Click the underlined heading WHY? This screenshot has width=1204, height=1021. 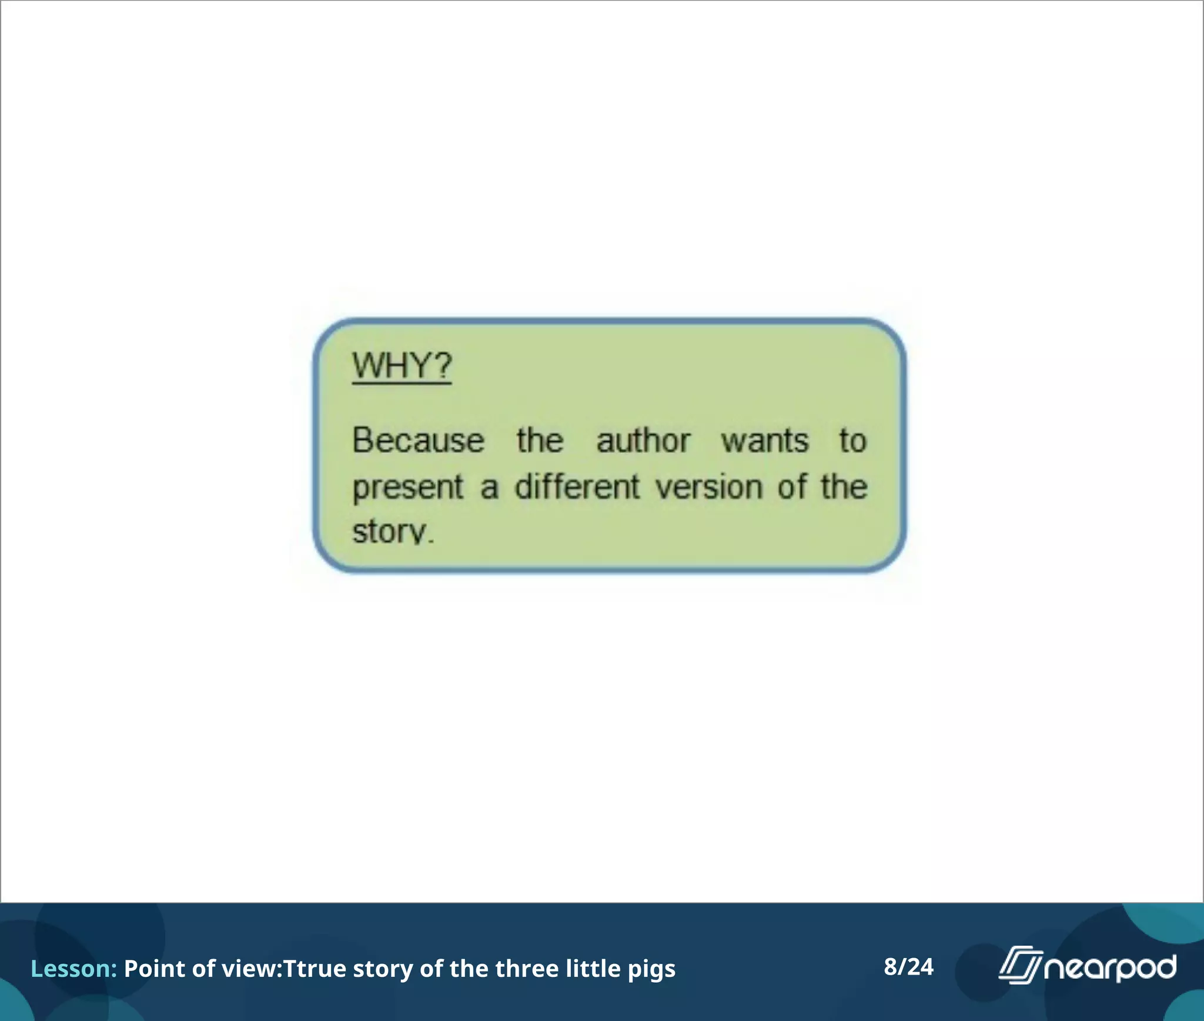tap(402, 366)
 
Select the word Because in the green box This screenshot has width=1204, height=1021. tap(418, 441)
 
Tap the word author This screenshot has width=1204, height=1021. tap(643, 441)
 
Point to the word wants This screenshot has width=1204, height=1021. tap(765, 441)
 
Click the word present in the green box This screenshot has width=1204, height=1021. tap(408, 488)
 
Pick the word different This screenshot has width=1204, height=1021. tap(577, 487)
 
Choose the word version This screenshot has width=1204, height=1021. tap(709, 487)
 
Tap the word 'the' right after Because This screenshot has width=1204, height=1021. tap(540, 441)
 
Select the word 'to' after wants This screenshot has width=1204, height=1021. tap(852, 441)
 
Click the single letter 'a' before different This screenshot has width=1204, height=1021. tap(489, 488)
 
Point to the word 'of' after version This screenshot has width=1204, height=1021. tap(792, 487)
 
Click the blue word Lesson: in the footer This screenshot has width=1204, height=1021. tap(73, 969)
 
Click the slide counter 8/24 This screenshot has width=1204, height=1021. tap(908, 967)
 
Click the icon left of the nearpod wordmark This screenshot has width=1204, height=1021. tap(1020, 965)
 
